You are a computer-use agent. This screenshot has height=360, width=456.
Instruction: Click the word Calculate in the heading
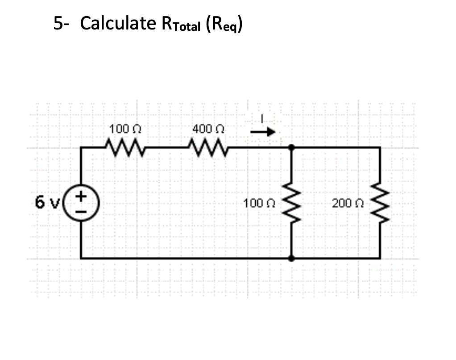point(118,23)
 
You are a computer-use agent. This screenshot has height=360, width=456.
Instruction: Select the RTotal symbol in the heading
point(180,24)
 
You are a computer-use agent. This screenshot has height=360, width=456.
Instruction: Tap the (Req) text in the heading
point(225,25)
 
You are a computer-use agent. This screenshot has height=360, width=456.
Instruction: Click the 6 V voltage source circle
point(81,202)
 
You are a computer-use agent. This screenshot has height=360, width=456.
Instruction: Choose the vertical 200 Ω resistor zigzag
point(380,202)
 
